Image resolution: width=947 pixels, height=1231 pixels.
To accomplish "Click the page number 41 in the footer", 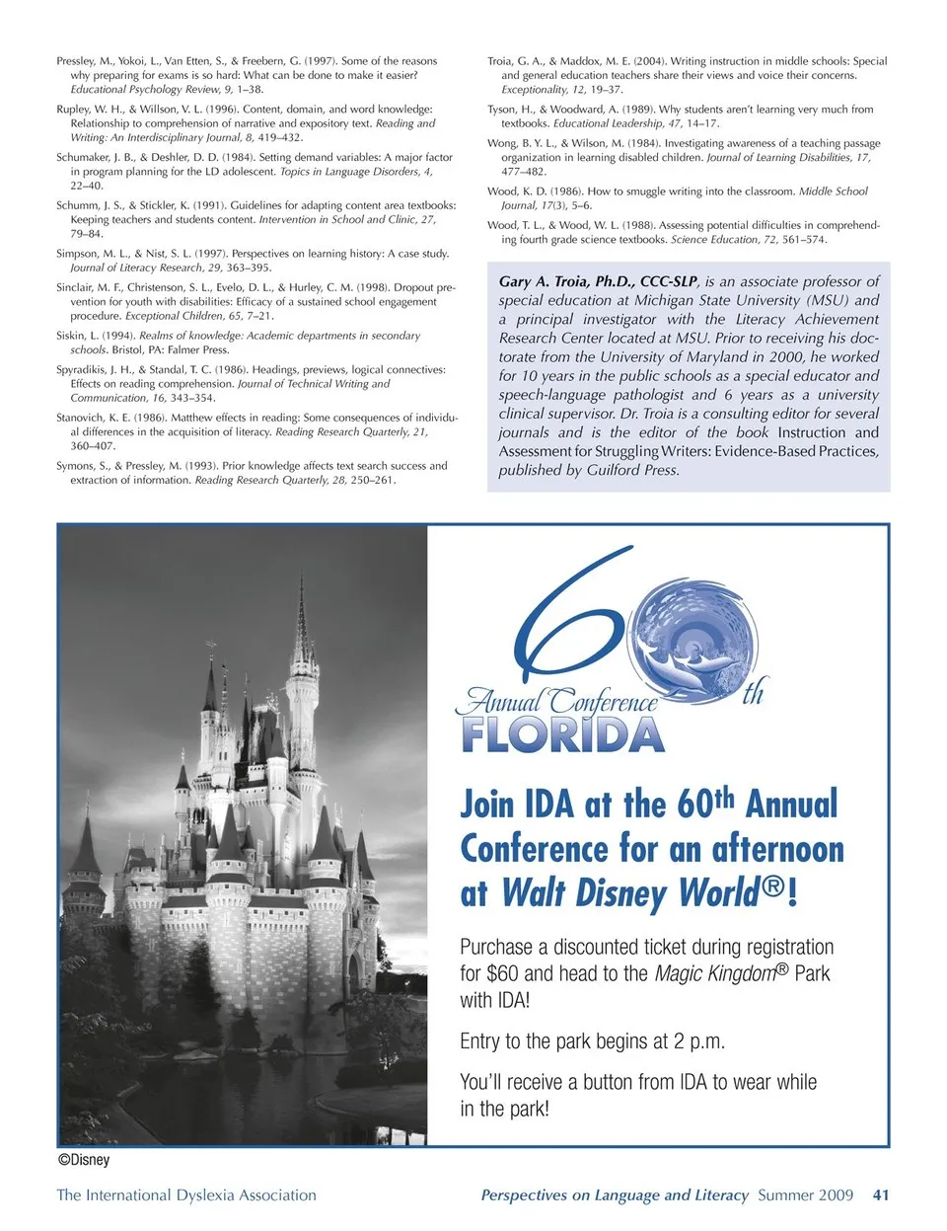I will (x=881, y=1194).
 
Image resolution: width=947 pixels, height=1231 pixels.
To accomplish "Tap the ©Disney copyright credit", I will (x=84, y=1160).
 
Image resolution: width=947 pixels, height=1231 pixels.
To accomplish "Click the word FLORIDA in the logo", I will (x=562, y=735).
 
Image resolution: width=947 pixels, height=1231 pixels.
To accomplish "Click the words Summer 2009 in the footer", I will (x=805, y=1194).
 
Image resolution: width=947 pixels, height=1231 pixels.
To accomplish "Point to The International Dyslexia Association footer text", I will (x=186, y=1194).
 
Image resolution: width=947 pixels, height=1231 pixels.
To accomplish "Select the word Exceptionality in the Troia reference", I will (x=535, y=89).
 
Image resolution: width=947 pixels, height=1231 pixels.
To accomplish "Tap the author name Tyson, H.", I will (x=510, y=110).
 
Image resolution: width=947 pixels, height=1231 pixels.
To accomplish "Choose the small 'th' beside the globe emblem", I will (x=753, y=693).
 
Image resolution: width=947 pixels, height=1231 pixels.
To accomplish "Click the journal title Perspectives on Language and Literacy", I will (x=615, y=1194).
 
